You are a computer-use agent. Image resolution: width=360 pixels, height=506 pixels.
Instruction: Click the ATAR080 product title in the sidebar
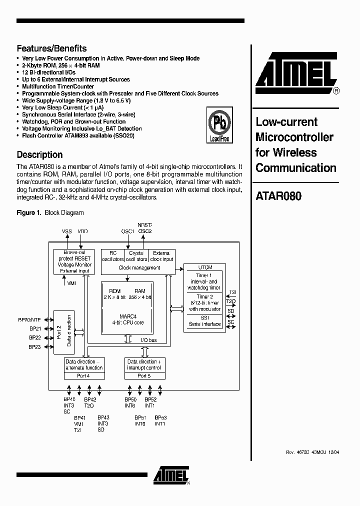[278, 196]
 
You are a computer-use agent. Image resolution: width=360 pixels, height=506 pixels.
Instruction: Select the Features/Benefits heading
[51, 48]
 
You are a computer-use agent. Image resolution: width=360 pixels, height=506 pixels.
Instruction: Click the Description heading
[39, 154]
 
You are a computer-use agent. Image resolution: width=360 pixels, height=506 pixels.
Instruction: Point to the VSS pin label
[66, 231]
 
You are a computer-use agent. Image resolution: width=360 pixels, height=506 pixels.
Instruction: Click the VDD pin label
[82, 231]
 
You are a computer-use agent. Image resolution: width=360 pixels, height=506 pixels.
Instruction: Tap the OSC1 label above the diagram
[127, 231]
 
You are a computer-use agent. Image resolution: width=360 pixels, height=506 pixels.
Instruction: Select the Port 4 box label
[83, 375]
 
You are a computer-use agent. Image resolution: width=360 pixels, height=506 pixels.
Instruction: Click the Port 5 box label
[143, 375]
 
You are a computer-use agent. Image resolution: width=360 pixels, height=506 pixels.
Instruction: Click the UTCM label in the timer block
[205, 267]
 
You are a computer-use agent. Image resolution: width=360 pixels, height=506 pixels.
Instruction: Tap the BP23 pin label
[34, 347]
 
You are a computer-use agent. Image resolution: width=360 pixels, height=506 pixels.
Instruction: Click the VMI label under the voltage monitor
[71, 283]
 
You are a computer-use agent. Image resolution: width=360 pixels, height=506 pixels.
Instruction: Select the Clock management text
[139, 268]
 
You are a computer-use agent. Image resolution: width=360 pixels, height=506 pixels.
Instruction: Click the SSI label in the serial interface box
[205, 317]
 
